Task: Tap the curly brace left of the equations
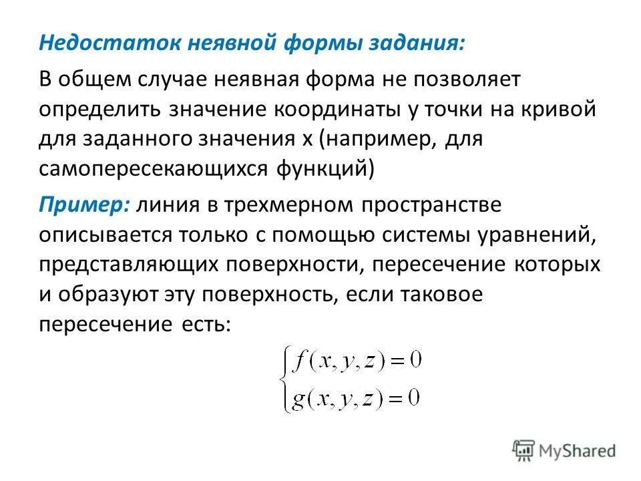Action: (286, 381)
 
